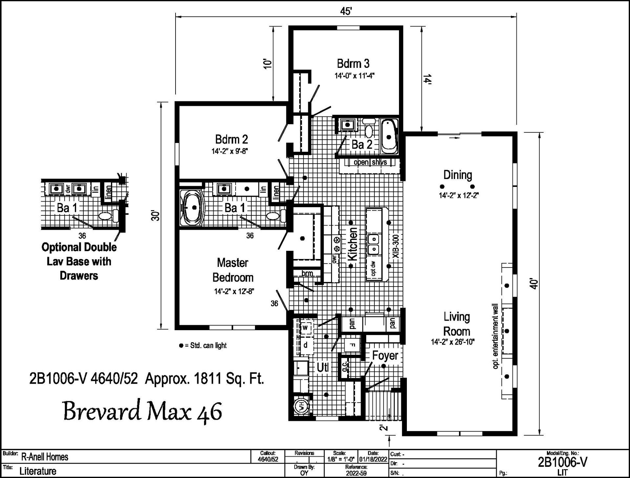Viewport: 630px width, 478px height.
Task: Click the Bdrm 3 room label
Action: click(353, 63)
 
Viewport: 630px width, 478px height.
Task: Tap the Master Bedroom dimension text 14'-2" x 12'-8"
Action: click(234, 291)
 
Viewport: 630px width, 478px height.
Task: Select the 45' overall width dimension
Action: click(346, 11)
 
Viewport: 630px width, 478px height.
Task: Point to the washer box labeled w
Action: click(305, 328)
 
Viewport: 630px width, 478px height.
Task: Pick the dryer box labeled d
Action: click(305, 345)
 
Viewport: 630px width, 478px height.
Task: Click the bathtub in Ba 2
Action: click(389, 136)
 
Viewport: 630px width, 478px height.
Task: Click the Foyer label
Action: click(385, 355)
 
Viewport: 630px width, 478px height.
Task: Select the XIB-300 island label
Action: click(396, 247)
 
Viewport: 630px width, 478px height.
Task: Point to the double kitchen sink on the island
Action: click(374, 244)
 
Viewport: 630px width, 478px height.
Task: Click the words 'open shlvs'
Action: click(370, 162)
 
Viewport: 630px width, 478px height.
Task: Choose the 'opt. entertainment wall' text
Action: click(495, 336)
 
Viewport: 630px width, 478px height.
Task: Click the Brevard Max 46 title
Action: click(143, 411)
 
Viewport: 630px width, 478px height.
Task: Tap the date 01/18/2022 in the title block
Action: click(373, 459)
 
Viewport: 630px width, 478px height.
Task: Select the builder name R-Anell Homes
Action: click(45, 457)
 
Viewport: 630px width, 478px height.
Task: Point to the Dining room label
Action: click(458, 175)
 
